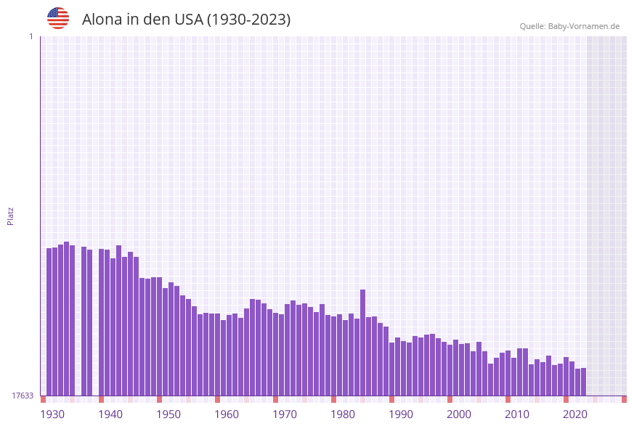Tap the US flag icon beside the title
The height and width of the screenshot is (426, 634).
[58, 18]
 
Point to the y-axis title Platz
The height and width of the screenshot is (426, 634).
[11, 216]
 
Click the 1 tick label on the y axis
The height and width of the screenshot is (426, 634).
[31, 36]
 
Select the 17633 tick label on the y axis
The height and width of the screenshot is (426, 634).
[23, 396]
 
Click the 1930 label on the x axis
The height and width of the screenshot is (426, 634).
[52, 414]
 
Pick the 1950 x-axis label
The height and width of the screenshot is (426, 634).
[168, 414]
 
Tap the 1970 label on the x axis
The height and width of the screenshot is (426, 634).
[285, 414]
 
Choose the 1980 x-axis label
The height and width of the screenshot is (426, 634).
[343, 414]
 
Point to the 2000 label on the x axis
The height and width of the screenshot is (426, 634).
[459, 414]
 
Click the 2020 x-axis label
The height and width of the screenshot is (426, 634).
[575, 414]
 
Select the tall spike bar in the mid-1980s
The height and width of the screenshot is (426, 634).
[363, 341]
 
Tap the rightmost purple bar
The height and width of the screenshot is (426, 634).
[583, 382]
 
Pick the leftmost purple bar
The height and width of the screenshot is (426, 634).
[49, 321]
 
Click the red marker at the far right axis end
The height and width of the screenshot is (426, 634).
[624, 399]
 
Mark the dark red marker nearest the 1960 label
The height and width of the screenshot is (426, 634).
[217, 399]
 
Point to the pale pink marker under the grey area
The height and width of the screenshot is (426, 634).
[595, 399]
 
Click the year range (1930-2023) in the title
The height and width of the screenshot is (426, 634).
[249, 20]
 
